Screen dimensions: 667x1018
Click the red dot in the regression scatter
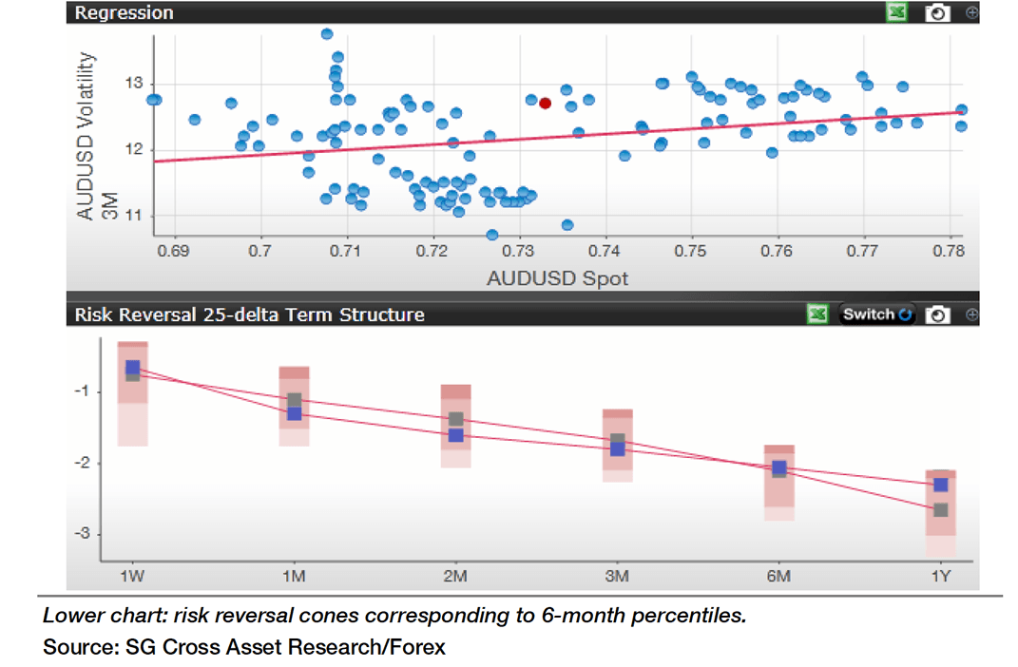click(545, 103)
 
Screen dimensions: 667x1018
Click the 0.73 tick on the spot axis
click(518, 252)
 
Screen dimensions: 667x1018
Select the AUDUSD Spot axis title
click(557, 278)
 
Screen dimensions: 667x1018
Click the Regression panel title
click(124, 12)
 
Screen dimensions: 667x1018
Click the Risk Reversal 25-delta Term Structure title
click(249, 314)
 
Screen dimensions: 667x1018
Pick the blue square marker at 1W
click(132, 367)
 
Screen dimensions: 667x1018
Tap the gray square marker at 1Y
click(940, 510)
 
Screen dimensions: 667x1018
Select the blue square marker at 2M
click(455, 435)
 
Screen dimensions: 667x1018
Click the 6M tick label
click(778, 577)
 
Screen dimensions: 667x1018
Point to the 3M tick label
click(617, 577)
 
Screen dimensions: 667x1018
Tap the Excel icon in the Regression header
click(895, 12)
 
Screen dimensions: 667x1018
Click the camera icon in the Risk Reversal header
click(938, 314)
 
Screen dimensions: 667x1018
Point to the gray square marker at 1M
click(294, 400)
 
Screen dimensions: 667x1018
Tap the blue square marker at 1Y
click(940, 485)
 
